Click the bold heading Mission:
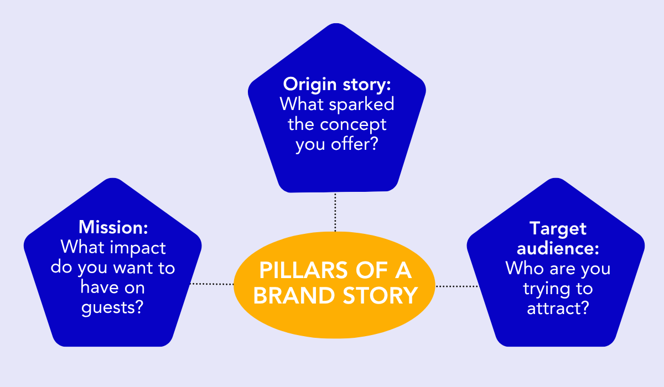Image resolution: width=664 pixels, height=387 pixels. [x=113, y=227]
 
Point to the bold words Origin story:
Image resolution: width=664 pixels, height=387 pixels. [x=337, y=85]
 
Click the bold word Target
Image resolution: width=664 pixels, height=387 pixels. [x=558, y=228]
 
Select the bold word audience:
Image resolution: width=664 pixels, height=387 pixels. [x=558, y=248]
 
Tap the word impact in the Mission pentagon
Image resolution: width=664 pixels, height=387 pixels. [x=140, y=247]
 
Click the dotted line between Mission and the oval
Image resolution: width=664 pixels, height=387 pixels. [x=212, y=284]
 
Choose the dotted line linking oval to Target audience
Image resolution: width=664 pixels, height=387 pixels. [x=457, y=286]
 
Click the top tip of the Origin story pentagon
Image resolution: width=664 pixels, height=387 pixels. [x=337, y=25]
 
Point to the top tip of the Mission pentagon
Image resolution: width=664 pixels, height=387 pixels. [x=113, y=180]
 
